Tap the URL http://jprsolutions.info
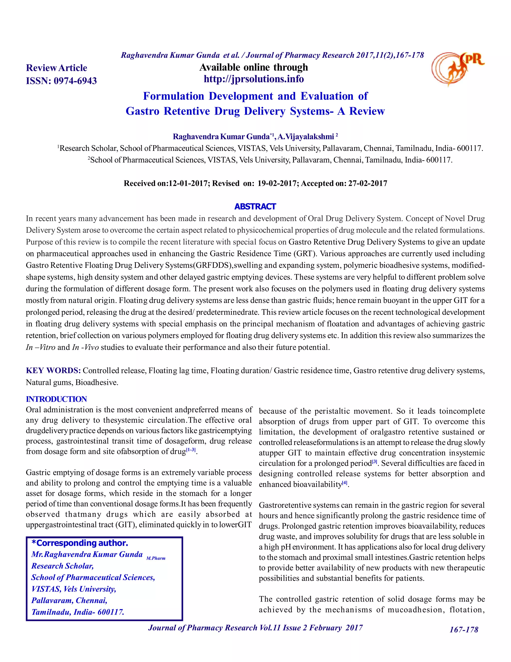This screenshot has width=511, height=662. pyautogui.click(x=254, y=79)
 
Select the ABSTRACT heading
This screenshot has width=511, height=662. pyautogui.click(x=255, y=207)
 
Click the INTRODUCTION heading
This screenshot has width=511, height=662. pyautogui.click(x=56, y=399)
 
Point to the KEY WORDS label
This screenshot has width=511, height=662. pyautogui.click(x=53, y=371)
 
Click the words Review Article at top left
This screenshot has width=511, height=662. pyautogui.click(x=57, y=68)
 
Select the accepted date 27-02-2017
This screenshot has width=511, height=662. pyautogui.click(x=368, y=183)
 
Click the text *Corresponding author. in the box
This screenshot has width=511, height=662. pyautogui.click(x=80, y=543)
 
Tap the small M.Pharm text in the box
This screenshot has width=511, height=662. pyautogui.click(x=156, y=558)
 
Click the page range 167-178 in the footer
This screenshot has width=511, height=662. pyautogui.click(x=464, y=630)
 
